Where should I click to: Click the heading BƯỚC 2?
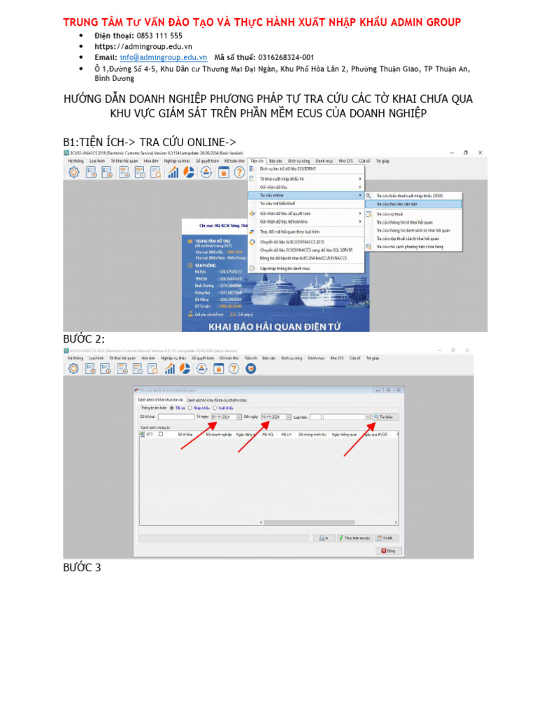point(84,339)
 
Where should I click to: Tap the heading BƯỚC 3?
point(82,567)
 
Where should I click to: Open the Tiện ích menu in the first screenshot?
point(257,160)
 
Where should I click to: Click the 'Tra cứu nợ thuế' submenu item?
point(390,213)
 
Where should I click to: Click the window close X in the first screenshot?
point(480,152)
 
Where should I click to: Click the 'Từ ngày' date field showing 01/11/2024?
point(225,417)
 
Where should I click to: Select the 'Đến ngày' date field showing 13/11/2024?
point(274,417)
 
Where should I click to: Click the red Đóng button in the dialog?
point(389,550)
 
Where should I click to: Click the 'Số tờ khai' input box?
point(176,417)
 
